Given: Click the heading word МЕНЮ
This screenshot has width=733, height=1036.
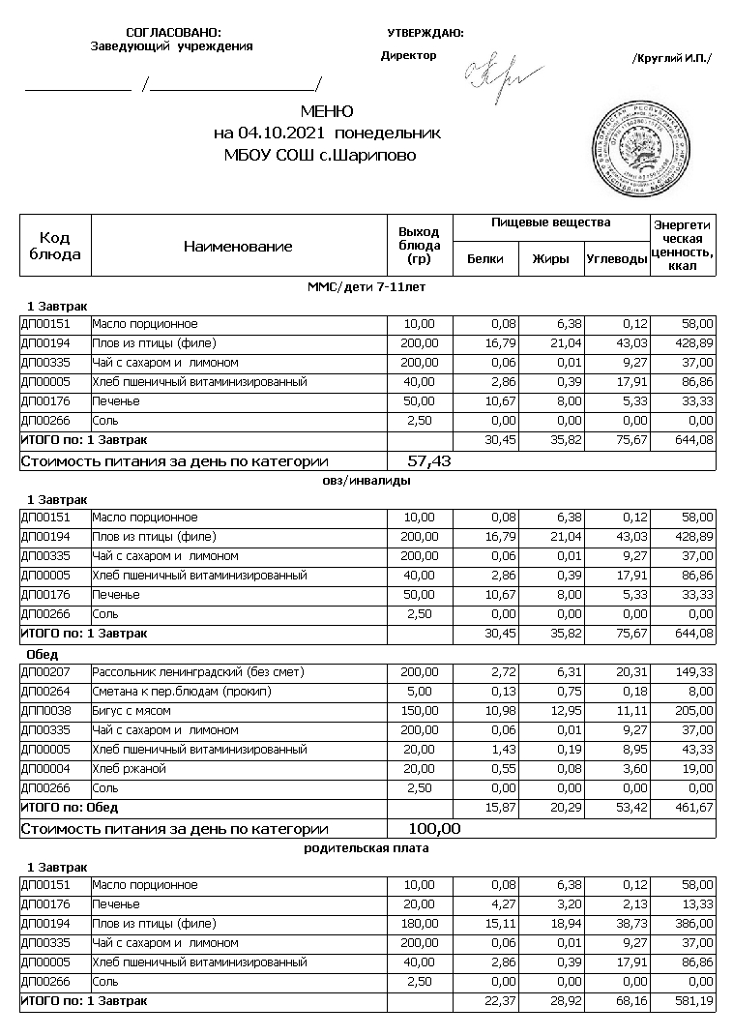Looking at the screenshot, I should pos(327,112).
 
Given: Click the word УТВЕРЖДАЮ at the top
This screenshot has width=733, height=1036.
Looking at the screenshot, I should pos(425,33).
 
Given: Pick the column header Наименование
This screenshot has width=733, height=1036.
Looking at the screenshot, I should pos(238,247).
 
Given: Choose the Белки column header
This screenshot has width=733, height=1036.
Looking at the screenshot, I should pos(485,258).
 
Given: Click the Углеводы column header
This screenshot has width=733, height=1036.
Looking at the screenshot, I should pos(616,258).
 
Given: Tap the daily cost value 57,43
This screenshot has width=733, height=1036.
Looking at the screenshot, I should pos(429,461).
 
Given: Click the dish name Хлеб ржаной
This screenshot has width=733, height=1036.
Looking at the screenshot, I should pos(130,769).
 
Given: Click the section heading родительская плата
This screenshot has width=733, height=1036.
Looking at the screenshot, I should pos(367,848).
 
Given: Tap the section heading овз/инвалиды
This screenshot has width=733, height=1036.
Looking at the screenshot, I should pos(366,481).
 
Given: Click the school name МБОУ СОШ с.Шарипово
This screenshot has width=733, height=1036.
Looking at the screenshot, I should pos(320,154).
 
